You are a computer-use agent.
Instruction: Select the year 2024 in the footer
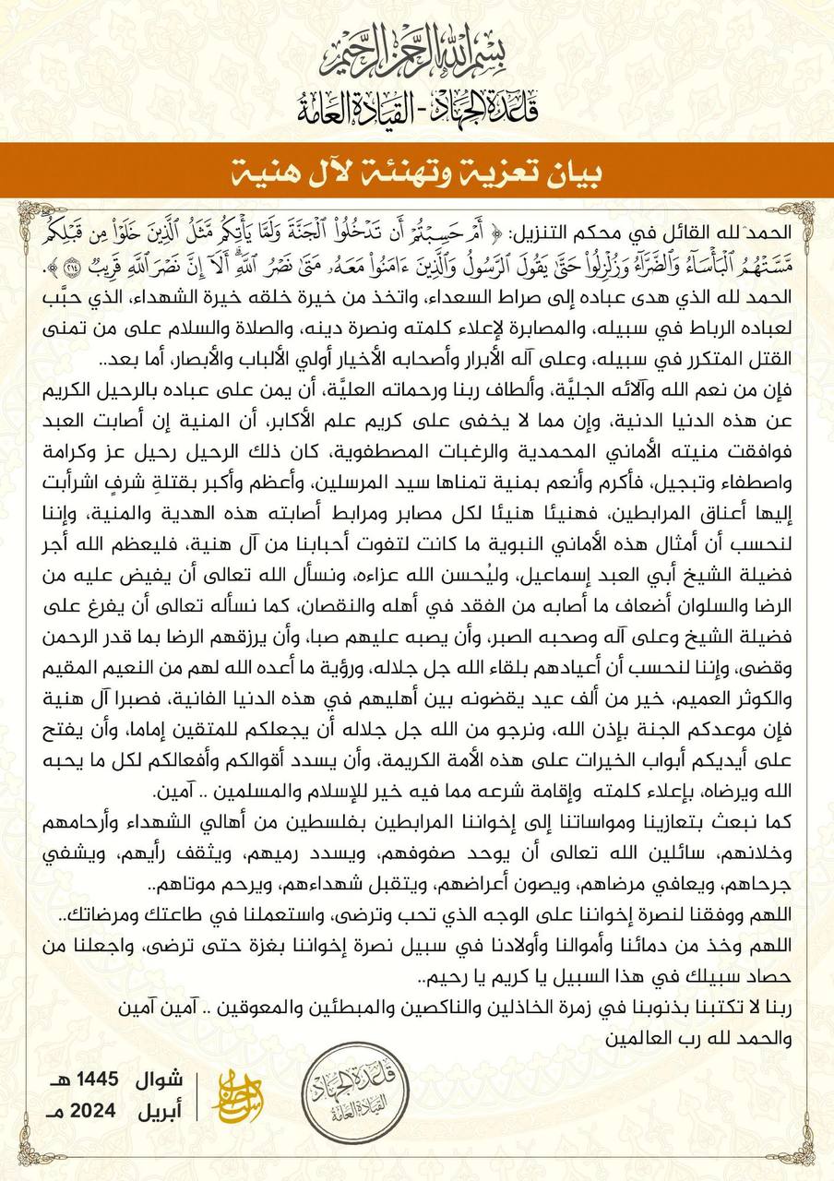pyautogui.click(x=96, y=1111)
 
